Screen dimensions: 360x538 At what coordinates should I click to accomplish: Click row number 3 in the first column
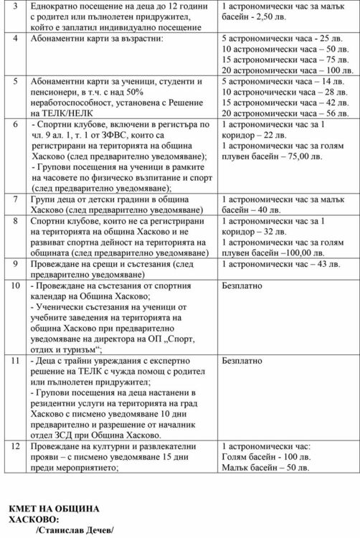pos(15,6)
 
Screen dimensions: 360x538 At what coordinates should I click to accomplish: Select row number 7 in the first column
pos(15,199)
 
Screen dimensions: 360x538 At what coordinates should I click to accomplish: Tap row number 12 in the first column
pos(16,445)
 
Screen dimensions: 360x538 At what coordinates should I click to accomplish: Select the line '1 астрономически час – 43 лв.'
pos(280,264)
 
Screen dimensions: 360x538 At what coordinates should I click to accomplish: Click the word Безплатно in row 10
pos(242,285)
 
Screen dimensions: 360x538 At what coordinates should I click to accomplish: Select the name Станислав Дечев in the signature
pos(75,530)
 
